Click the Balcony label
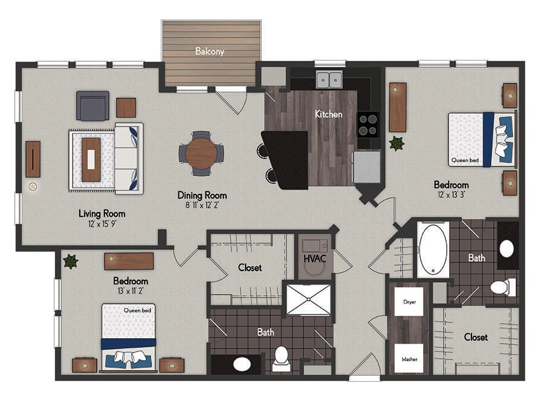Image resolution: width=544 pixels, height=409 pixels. click(210, 51)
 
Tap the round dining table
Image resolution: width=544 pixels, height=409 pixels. click(201, 152)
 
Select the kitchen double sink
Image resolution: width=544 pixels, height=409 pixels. click(329, 80)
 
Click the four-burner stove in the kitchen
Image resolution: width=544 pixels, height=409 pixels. click(368, 125)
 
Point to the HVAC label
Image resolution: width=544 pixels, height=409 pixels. click(315, 259)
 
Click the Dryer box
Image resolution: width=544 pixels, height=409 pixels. click(409, 302)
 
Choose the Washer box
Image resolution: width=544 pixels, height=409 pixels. click(409, 358)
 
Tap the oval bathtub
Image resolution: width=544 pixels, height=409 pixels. click(433, 250)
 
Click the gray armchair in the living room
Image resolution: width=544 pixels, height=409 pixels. click(92, 106)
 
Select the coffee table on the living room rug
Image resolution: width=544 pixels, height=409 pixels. click(91, 160)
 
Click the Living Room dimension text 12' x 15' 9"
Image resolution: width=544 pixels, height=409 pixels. click(102, 224)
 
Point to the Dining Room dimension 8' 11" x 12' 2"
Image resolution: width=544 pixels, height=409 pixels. click(202, 205)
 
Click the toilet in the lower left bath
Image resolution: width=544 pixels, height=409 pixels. click(281, 358)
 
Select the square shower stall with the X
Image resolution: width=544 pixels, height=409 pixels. click(308, 299)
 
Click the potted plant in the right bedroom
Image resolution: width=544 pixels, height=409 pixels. click(397, 143)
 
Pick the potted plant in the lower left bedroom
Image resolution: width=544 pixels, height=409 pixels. click(71, 261)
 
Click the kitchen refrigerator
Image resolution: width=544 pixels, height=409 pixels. click(367, 166)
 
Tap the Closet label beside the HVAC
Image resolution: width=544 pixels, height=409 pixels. click(250, 267)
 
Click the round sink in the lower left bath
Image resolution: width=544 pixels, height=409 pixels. click(242, 364)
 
